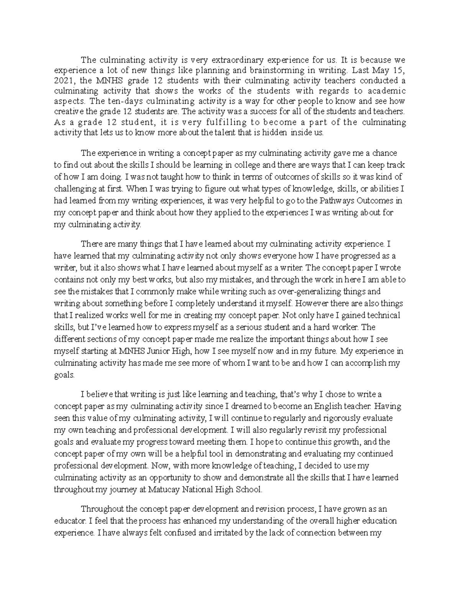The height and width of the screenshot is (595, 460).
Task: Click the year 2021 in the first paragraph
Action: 62,81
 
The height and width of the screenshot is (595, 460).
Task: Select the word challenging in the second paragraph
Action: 74,189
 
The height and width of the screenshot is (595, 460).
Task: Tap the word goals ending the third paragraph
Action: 64,375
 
